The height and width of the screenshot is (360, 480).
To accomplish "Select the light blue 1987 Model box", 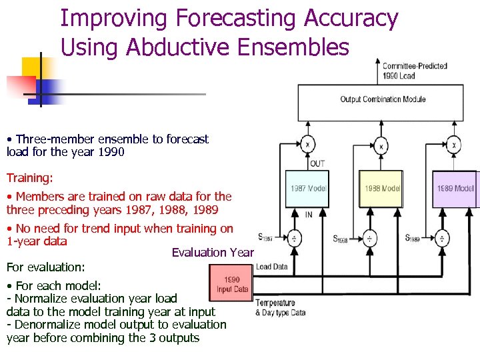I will click(308, 189).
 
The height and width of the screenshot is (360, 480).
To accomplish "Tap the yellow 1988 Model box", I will click(381, 189).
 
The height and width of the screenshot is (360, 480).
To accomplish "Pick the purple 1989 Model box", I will click(455, 189).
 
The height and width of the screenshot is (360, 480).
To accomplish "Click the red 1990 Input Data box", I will click(231, 284).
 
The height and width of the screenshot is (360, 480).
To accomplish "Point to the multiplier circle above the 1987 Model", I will click(308, 144).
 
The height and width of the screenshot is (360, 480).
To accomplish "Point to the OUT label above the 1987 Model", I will click(317, 163).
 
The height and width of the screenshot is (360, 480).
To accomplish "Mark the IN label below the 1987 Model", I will click(309, 215).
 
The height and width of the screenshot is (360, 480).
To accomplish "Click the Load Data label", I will click(272, 267).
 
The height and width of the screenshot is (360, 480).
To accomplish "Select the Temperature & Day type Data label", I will click(280, 307).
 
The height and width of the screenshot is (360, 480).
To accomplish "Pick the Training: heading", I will click(29, 178).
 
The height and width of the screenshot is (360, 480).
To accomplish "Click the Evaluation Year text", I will click(213, 252).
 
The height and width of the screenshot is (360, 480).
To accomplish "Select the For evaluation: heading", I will click(45, 267).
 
